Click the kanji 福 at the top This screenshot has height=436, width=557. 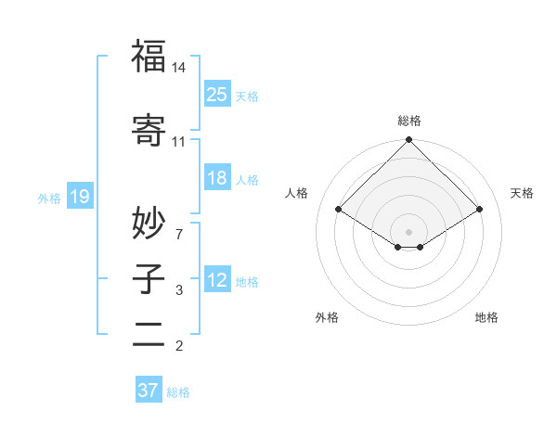click(149, 58)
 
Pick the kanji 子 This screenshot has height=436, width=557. click(149, 279)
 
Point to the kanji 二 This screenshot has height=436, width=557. click(149, 333)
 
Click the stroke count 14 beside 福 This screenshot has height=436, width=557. click(179, 68)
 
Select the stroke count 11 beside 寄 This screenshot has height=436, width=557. click(178, 142)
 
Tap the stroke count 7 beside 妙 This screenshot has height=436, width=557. click(179, 234)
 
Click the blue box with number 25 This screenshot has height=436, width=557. click(217, 94)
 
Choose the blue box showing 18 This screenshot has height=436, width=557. click(217, 178)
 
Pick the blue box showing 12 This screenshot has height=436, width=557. click(217, 280)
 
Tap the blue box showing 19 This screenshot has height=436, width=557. click(79, 196)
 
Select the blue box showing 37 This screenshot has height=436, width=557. click(149, 391)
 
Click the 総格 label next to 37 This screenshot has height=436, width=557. click(178, 392)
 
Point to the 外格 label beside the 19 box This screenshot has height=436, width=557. click(49, 198)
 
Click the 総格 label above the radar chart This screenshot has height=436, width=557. click(408, 121)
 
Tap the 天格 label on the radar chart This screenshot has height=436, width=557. click(522, 193)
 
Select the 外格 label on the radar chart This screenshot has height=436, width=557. click(327, 317)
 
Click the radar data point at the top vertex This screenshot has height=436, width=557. click(408, 141)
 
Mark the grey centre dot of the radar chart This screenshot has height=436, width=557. click(408, 230)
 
